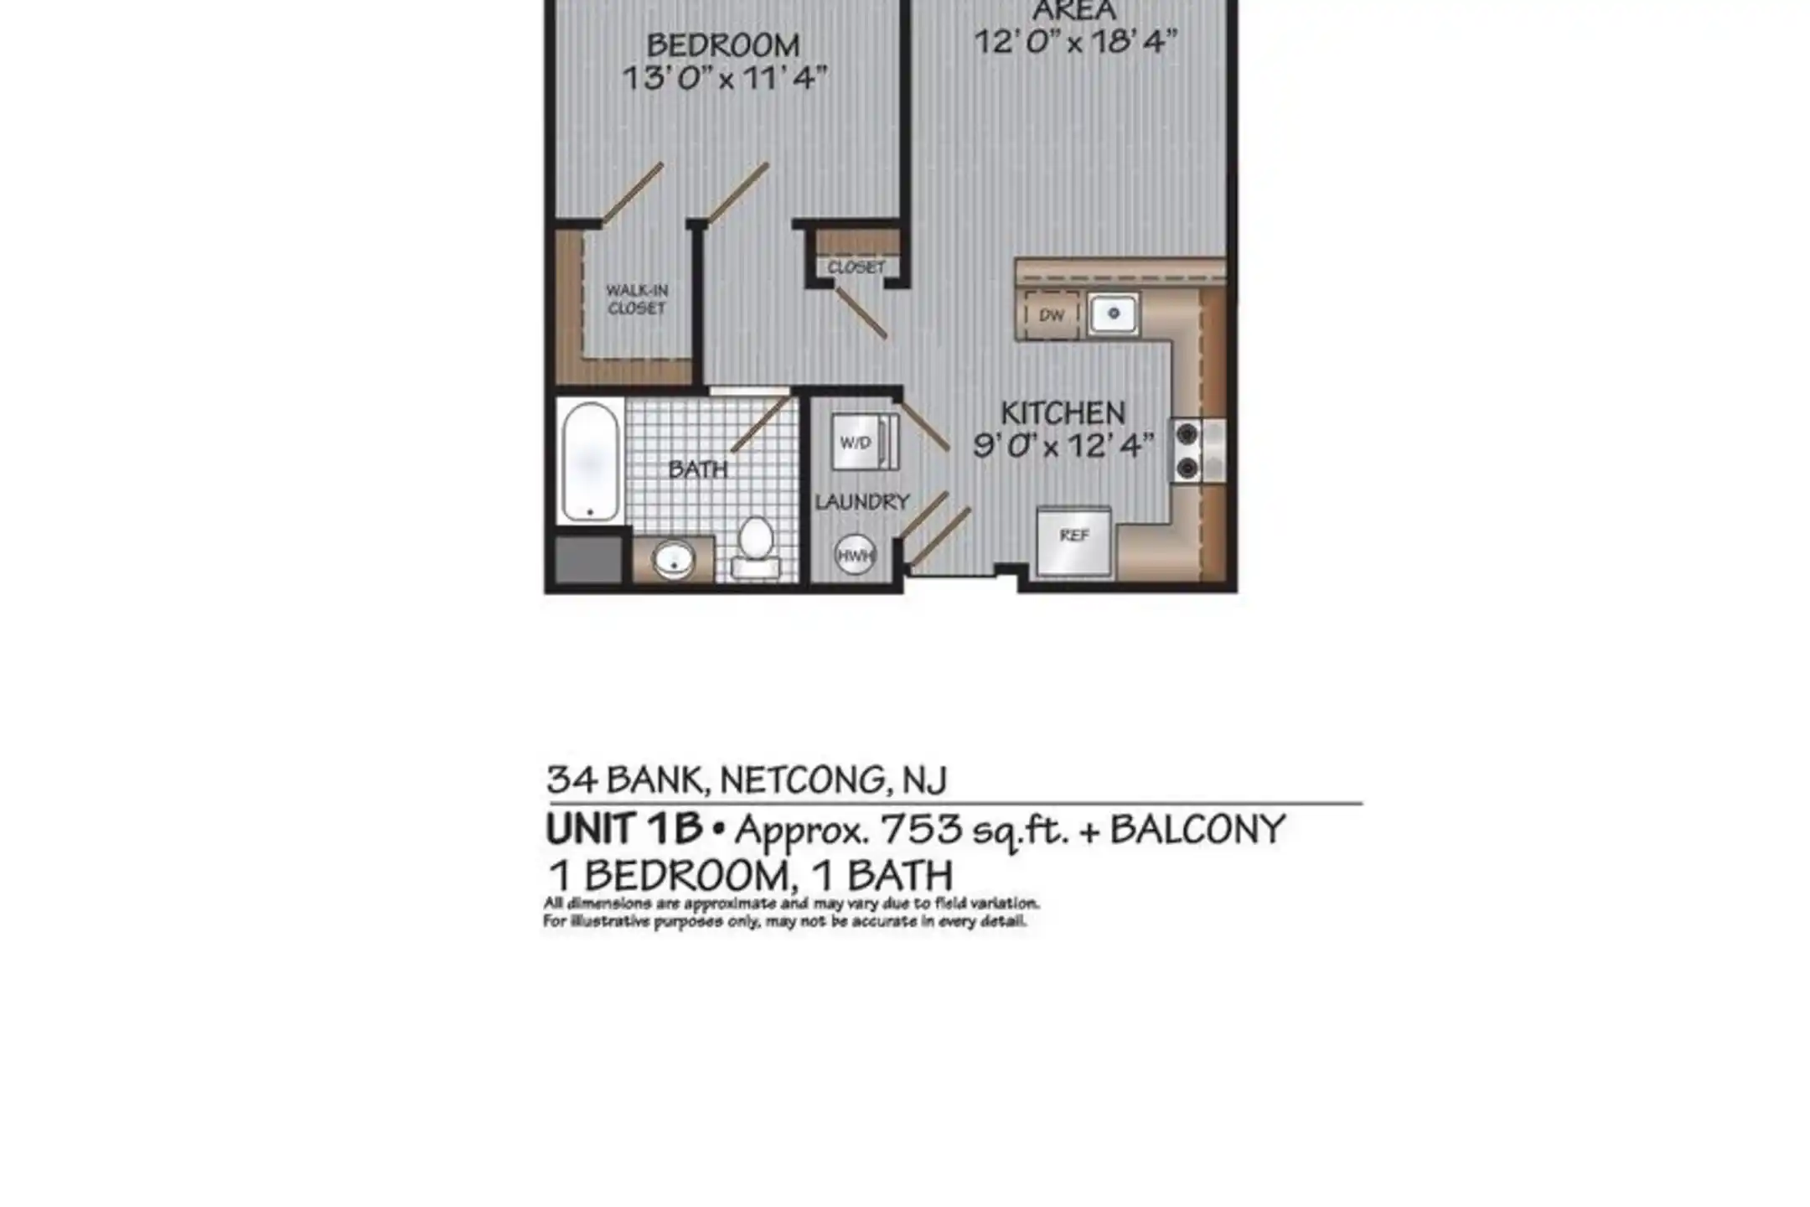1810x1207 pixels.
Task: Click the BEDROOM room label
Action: point(723,44)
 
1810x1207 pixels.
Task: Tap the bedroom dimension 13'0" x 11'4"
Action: point(725,78)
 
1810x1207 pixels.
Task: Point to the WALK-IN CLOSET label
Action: point(637,299)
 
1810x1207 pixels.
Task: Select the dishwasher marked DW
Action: point(1052,315)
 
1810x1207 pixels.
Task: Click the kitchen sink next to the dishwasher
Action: point(1113,314)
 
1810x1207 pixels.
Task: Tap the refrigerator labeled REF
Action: point(1074,541)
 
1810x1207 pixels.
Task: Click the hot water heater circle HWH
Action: point(855,554)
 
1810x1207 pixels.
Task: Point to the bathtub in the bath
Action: point(591,461)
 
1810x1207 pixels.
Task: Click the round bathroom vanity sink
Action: point(674,559)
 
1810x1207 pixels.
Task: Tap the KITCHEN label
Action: point(1063,412)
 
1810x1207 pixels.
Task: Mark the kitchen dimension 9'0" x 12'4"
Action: point(1063,445)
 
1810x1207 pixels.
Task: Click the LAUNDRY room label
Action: point(862,502)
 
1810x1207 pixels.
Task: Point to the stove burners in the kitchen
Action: point(1187,451)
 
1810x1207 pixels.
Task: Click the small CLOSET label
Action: point(856,267)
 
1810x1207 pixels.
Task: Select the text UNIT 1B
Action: point(624,829)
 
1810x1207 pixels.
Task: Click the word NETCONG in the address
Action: point(803,780)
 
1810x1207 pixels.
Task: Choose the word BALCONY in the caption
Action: point(1197,830)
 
